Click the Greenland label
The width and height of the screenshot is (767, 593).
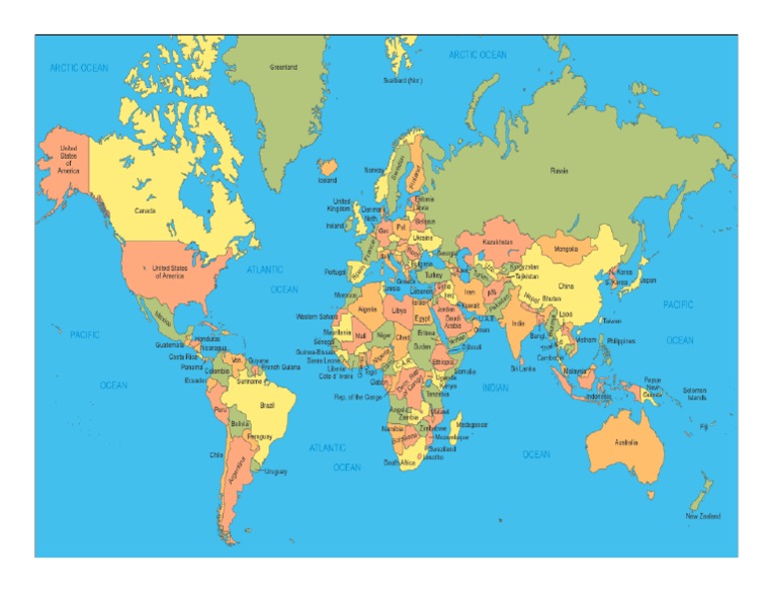click(284, 67)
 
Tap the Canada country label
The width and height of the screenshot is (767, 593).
click(145, 211)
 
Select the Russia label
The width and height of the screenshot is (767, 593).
click(559, 171)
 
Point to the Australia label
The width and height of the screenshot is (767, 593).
click(626, 441)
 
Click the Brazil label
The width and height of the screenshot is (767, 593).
click(268, 405)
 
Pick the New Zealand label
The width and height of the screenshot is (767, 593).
click(703, 516)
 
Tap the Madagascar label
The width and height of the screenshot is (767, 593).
click(472, 424)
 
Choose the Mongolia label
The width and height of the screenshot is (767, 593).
click(565, 249)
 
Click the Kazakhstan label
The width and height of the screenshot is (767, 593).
click(498, 242)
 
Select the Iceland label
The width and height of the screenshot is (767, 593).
click(328, 181)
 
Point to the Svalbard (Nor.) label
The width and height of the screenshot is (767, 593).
click(401, 80)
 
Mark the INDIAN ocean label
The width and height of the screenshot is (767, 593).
click(494, 387)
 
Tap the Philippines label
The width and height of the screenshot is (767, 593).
click(620, 340)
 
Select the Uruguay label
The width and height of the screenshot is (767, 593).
click(276, 471)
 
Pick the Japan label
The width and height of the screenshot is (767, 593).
click(647, 281)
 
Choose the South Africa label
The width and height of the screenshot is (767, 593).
click(399, 462)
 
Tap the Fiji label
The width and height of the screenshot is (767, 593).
click(703, 426)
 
